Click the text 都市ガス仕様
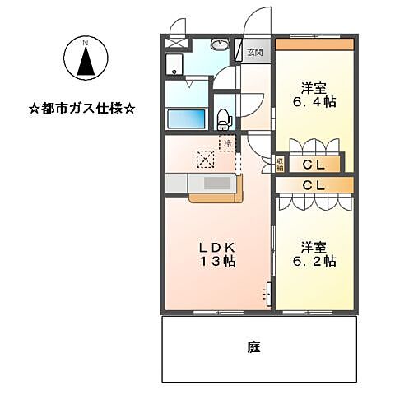click(82, 107)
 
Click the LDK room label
click(217, 247)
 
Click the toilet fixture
click(224, 118)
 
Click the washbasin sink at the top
click(218, 46)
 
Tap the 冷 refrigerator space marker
click(226, 142)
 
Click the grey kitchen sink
click(218, 184)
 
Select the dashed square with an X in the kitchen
click(204, 158)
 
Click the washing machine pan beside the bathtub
click(175, 65)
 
